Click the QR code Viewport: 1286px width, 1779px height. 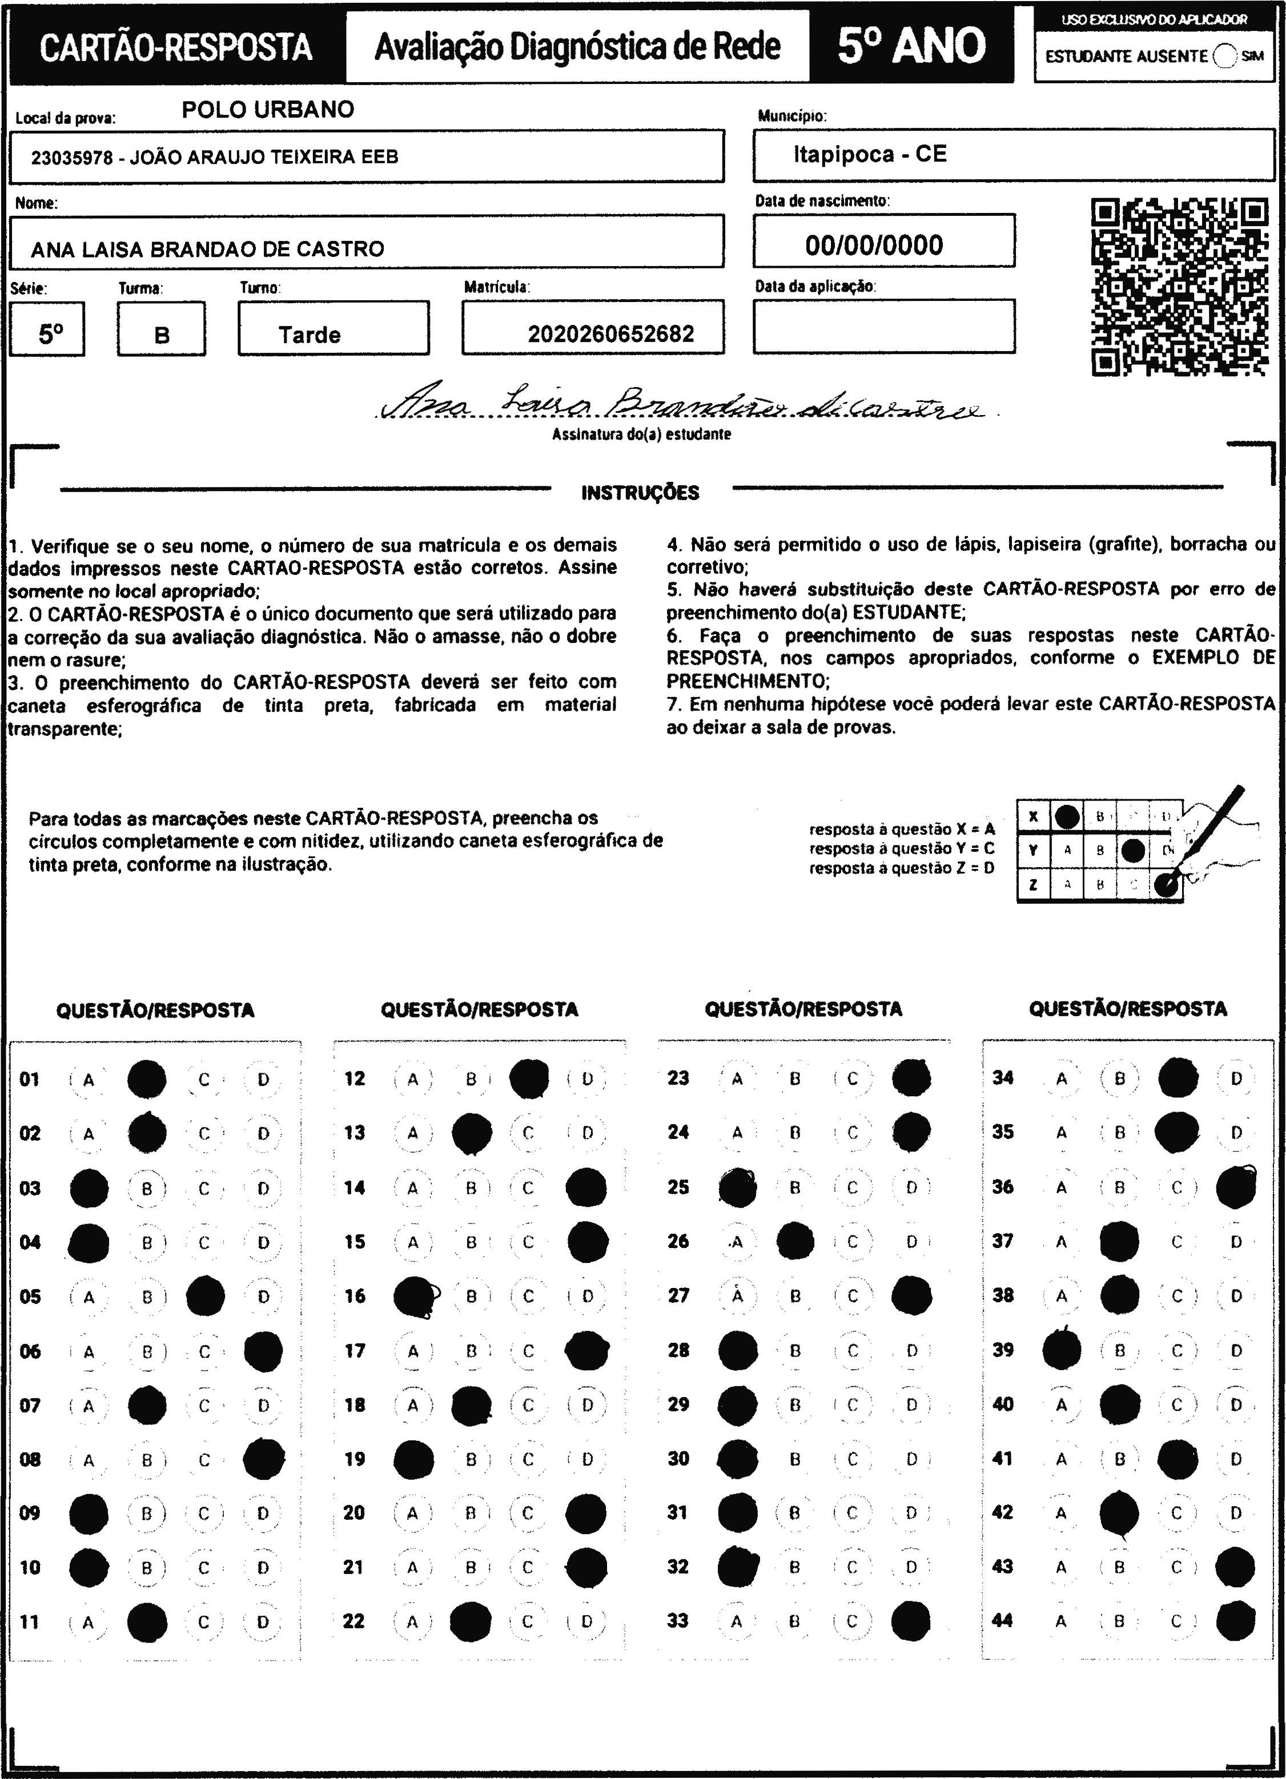(x=1179, y=287)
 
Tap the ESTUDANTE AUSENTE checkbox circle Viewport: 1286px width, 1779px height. (x=1224, y=56)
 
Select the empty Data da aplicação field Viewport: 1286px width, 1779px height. (x=883, y=327)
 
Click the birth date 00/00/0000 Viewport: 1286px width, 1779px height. (x=874, y=245)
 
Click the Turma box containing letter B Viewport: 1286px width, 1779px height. (x=162, y=329)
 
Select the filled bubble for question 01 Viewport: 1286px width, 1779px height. (x=147, y=1079)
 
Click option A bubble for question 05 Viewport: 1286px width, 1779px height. (x=89, y=1297)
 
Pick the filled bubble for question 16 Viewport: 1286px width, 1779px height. (x=413, y=1296)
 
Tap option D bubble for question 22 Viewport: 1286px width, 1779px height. (x=587, y=1621)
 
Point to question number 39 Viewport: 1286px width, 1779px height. (x=1003, y=1350)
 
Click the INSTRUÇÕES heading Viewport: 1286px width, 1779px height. (x=640, y=493)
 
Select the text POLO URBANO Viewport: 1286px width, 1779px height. (x=268, y=109)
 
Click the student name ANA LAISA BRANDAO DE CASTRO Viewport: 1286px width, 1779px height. (x=207, y=249)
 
